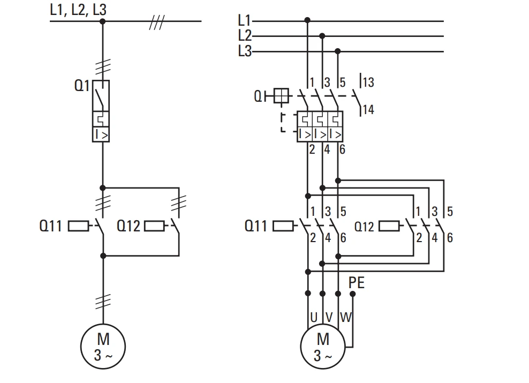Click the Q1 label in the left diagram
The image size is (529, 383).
point(82,86)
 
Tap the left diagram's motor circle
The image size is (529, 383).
point(103,324)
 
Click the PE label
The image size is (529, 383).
point(357,282)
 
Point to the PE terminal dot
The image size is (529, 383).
point(352,294)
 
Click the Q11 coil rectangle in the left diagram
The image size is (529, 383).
point(79,226)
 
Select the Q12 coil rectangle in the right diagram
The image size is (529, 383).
point(389,226)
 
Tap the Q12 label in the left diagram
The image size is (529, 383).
point(128,226)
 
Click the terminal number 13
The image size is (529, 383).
point(368,82)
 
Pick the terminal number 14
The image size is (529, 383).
point(368,109)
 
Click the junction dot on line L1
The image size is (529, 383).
point(307,20)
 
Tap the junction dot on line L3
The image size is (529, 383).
point(338,51)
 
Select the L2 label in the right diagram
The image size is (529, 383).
point(245,35)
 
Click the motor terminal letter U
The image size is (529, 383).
point(314,317)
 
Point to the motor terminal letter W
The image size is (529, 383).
point(346,317)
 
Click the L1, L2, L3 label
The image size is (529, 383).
point(78,10)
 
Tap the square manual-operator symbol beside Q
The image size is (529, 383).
point(281,95)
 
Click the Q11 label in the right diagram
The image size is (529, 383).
point(256,226)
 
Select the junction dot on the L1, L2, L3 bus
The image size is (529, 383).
point(103,21)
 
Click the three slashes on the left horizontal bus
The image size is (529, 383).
point(157,22)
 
